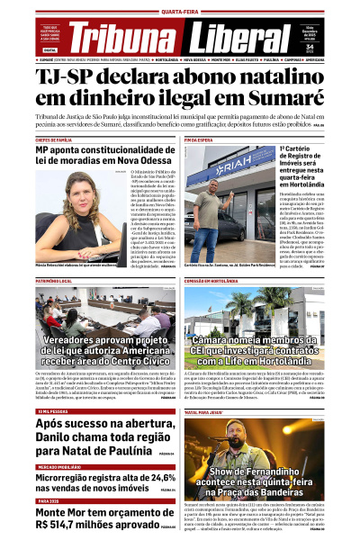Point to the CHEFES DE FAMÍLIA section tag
point(58,140)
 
